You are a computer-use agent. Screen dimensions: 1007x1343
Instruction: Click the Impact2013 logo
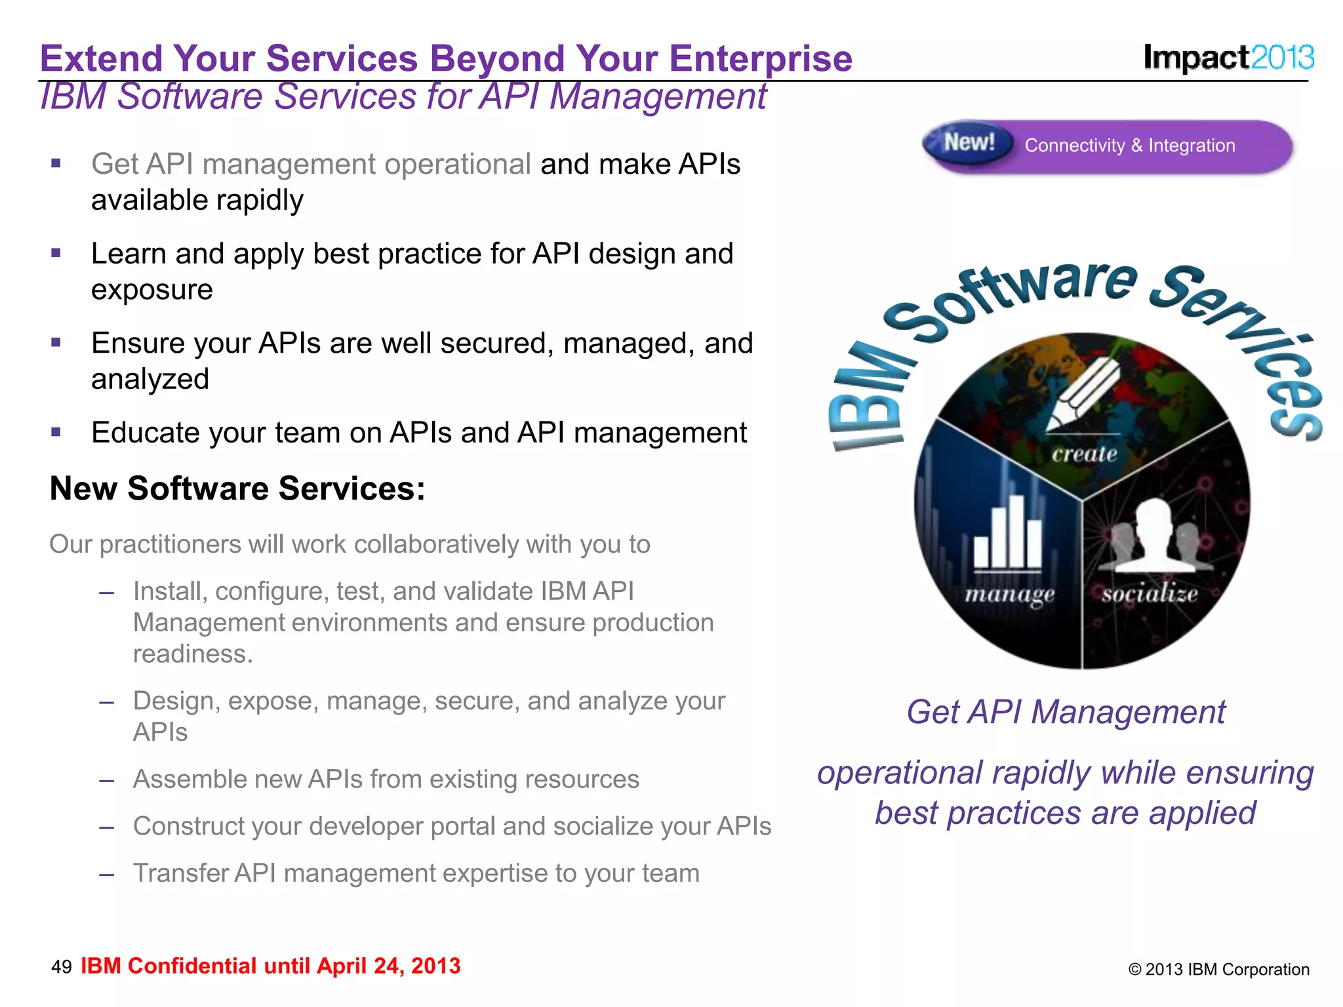coord(1228,57)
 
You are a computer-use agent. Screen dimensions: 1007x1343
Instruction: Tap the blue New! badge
coord(969,142)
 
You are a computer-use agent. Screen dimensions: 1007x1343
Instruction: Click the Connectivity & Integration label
coord(1129,146)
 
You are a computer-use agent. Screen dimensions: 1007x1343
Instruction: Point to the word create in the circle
coord(1085,454)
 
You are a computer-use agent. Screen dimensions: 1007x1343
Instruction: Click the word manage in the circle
coord(1010,594)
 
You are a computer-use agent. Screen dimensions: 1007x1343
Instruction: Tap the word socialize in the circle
coord(1150,594)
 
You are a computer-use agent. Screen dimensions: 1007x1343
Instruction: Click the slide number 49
coord(62,966)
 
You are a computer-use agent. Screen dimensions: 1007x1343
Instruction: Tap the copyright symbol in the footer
coord(1134,970)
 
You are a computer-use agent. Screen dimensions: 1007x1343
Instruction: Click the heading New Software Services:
coord(237,488)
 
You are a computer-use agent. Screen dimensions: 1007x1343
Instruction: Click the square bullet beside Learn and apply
coord(56,253)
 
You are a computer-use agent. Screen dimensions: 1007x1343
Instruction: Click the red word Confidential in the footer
coord(191,966)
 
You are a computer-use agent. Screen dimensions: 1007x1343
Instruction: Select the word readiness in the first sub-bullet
coord(191,654)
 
